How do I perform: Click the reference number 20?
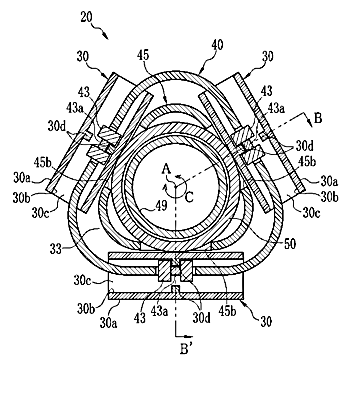(87, 17)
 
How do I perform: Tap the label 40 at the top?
(217, 45)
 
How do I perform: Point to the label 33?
(56, 248)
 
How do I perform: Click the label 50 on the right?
(289, 244)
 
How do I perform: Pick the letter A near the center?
(166, 170)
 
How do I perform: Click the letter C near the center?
(189, 198)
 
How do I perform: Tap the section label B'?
(185, 350)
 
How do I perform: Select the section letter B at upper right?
(318, 118)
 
